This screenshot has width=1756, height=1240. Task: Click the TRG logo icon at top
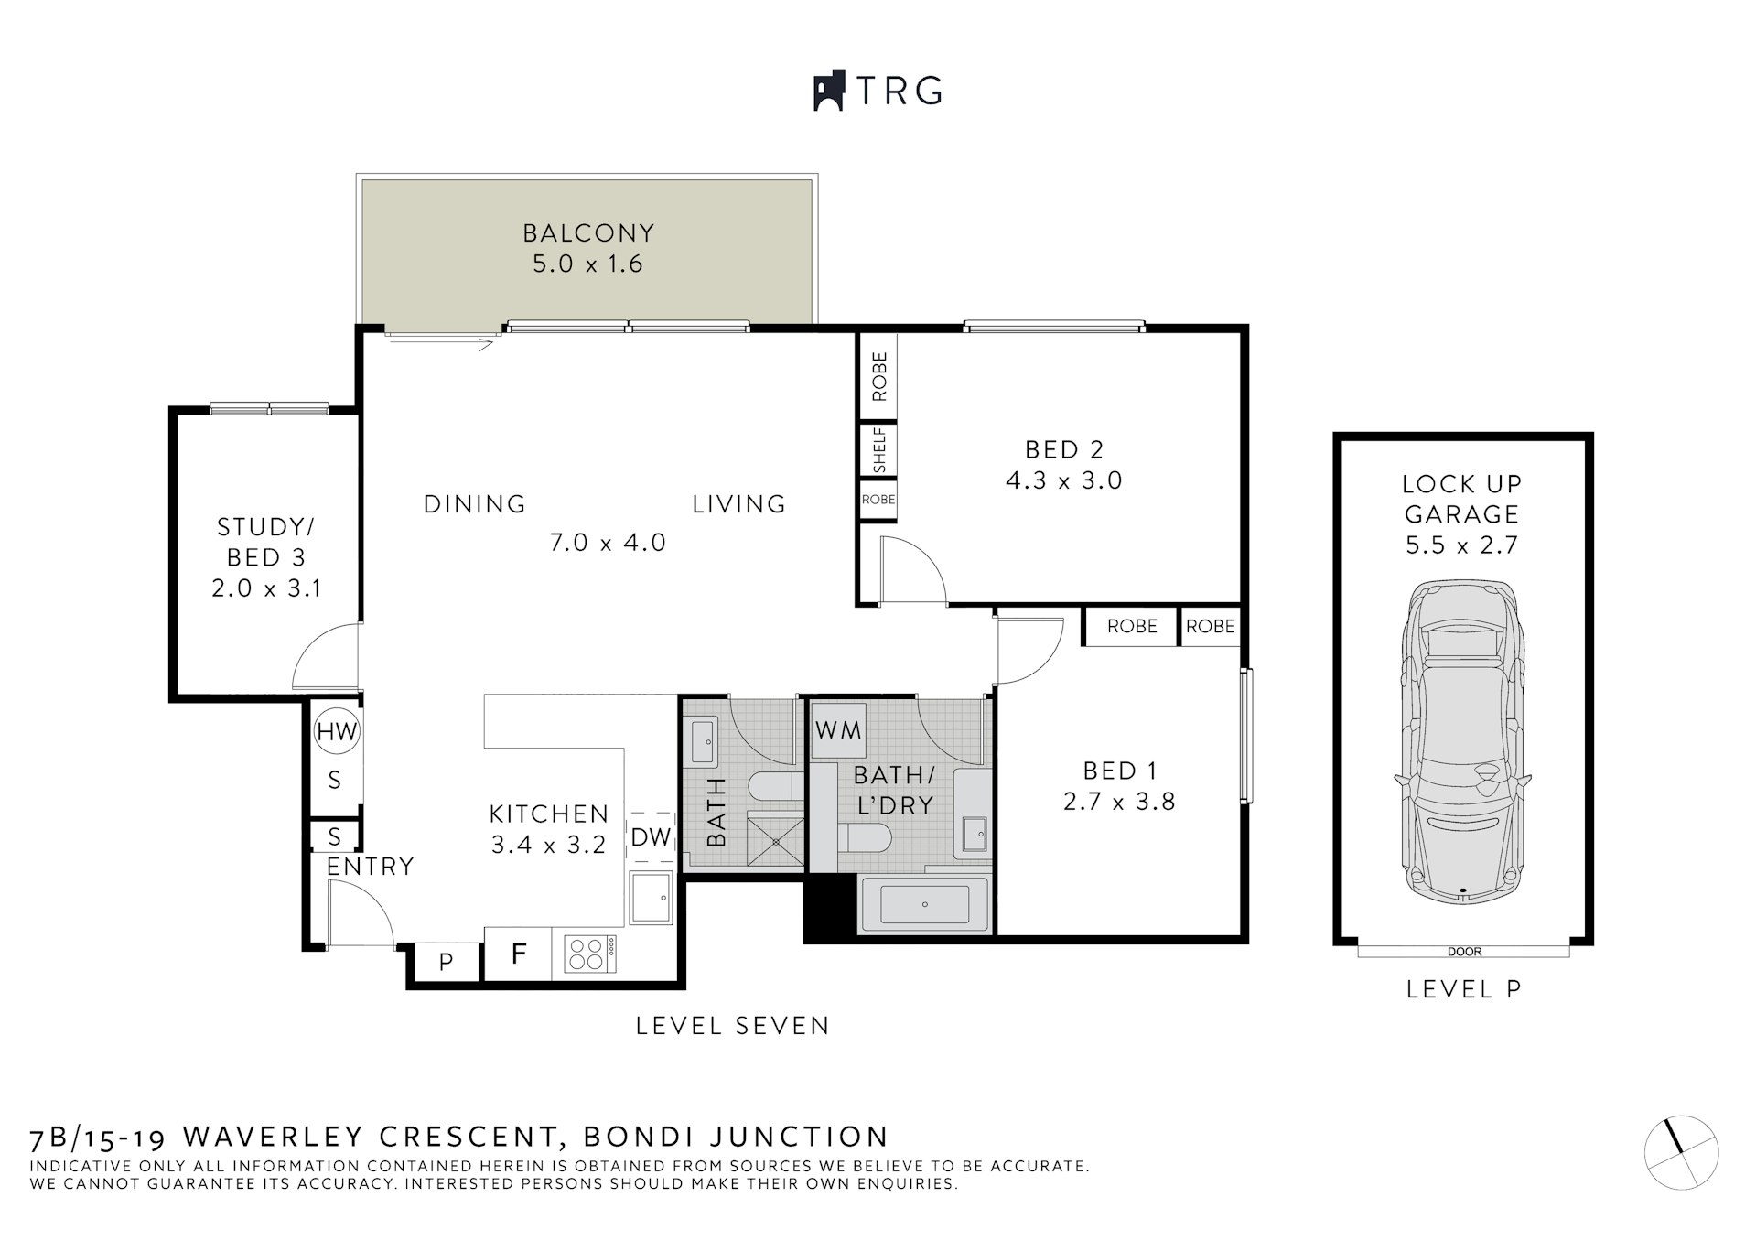(x=828, y=92)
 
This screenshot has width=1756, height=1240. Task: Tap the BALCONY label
(x=588, y=232)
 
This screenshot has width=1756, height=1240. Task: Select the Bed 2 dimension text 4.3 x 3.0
(x=1063, y=480)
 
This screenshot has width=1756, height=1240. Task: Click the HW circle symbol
(x=336, y=731)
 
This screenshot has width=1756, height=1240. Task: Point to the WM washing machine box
(x=838, y=730)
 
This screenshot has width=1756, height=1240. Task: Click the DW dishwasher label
(x=651, y=837)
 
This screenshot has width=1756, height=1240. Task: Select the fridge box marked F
(x=518, y=954)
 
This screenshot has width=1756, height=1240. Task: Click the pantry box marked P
(x=446, y=962)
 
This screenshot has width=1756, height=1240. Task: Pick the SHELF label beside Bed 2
(x=879, y=450)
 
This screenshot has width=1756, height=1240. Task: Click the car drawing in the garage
(x=1462, y=741)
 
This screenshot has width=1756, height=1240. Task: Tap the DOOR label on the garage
(x=1464, y=952)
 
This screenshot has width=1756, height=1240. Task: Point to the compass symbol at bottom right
(x=1681, y=1154)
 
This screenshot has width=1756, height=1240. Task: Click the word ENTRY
(x=370, y=866)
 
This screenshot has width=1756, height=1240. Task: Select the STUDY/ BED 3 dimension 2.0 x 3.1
(x=266, y=588)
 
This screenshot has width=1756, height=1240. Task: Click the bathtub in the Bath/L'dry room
(x=925, y=904)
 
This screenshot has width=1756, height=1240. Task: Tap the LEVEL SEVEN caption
(x=732, y=1026)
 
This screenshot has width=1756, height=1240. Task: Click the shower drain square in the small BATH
(x=776, y=840)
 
